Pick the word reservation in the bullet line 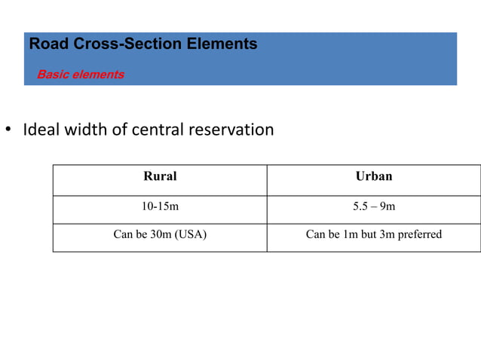pos(231,130)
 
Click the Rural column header pos(160,176)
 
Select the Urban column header pos(374,176)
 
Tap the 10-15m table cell pos(160,206)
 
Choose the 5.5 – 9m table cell pos(374,206)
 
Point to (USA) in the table pos(190,234)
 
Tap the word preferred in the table pos(420,234)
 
